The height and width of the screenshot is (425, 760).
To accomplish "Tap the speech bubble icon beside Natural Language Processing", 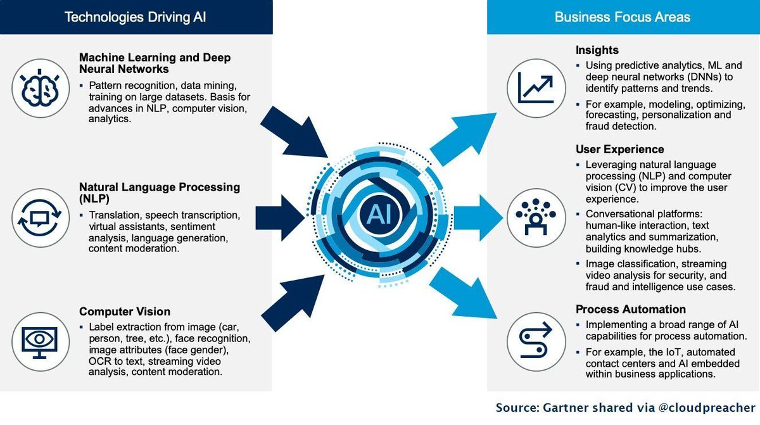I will coord(40,217).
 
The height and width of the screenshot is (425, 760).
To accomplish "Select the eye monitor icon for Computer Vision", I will coord(40,340).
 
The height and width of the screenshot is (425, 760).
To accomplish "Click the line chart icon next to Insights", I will coord(536,87).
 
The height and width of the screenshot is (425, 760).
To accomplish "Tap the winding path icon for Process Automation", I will coord(536,340).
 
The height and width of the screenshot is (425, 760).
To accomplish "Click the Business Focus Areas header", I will coord(623,17).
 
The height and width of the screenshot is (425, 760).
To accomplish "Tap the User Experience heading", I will coord(619,149).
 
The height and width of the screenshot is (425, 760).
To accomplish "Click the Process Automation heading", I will coord(630,309).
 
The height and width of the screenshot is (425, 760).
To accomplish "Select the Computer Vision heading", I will coord(124,312).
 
